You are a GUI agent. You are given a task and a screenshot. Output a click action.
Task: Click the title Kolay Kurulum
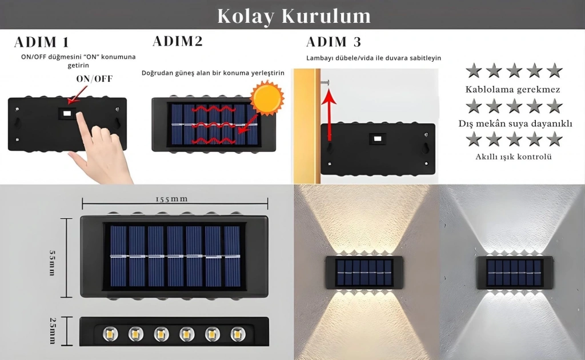[x=294, y=15]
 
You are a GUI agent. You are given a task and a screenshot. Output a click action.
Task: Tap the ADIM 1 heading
[x=42, y=42]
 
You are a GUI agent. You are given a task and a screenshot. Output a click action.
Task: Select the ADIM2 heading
[x=178, y=41]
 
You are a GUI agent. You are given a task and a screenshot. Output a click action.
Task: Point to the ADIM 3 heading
[x=334, y=42]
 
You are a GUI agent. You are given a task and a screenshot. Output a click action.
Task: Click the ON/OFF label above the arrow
[x=94, y=79]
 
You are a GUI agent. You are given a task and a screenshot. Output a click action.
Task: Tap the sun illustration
[x=267, y=98]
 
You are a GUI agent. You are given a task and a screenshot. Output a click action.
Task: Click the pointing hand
[x=101, y=146]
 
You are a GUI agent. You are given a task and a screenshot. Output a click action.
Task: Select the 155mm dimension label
[x=171, y=199]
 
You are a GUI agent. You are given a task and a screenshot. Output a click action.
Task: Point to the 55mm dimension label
[x=53, y=263]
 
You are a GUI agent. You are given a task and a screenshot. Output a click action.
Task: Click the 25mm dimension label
[x=53, y=331]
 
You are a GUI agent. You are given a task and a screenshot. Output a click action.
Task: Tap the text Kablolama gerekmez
[x=513, y=90]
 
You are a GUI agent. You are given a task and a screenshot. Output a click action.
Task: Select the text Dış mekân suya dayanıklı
[x=515, y=123]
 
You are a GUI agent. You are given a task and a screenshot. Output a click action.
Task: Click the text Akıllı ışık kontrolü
[x=514, y=157]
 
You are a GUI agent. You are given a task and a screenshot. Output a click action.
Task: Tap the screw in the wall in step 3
[x=324, y=82]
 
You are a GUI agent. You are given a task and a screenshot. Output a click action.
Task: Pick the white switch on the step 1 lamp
[x=67, y=113]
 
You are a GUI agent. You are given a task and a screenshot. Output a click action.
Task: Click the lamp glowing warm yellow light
[x=364, y=273]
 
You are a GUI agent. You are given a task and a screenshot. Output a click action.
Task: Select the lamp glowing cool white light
[x=515, y=273]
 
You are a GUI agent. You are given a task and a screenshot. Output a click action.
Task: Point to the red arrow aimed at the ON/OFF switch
[x=78, y=95]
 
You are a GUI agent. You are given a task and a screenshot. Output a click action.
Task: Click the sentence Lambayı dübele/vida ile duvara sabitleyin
[x=374, y=58]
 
